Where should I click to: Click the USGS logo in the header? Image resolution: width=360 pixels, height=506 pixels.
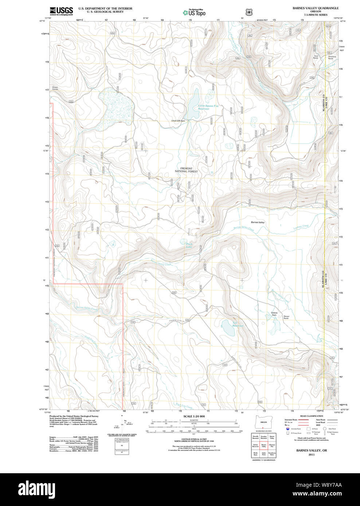pyautogui.click(x=61, y=11)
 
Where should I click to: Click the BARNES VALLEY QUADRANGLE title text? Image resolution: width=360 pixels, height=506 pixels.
pyautogui.click(x=315, y=8)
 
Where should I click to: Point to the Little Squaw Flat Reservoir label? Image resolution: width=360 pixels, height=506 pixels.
pyautogui.click(x=208, y=107)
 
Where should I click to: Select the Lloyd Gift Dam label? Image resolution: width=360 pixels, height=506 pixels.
pyautogui.click(x=180, y=121)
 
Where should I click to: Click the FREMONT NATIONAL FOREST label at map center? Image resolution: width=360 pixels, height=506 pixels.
pyautogui.click(x=186, y=170)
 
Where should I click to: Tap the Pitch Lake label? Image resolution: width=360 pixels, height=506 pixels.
pyautogui.click(x=189, y=245)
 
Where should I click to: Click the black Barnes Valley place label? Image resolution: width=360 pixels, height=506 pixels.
pyautogui.click(x=258, y=222)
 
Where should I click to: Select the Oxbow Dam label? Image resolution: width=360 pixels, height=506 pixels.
pyautogui.click(x=274, y=314)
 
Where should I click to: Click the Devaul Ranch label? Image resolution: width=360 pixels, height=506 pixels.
pyautogui.click(x=286, y=317)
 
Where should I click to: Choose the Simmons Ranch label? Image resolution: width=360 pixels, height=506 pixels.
pyautogui.click(x=332, y=57)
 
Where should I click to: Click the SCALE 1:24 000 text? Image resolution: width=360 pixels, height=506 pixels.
pyautogui.click(x=194, y=416)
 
